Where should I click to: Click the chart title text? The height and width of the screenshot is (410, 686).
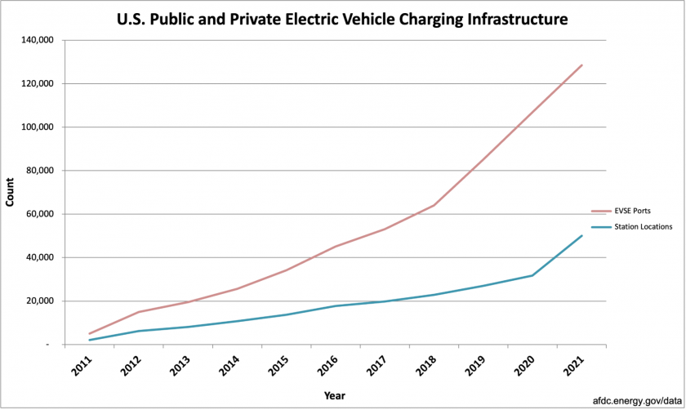344,17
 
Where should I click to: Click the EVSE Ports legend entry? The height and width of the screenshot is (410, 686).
633,211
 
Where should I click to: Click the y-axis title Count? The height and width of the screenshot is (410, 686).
10,193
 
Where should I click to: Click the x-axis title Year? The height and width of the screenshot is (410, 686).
335,395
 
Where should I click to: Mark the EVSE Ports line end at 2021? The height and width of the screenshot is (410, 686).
581,65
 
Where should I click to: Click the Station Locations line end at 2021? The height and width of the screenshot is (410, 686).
581,236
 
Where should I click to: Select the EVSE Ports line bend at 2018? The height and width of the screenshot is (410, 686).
434,205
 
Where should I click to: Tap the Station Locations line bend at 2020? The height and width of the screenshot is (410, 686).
532,275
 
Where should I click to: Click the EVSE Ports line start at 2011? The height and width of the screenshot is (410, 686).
90,333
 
